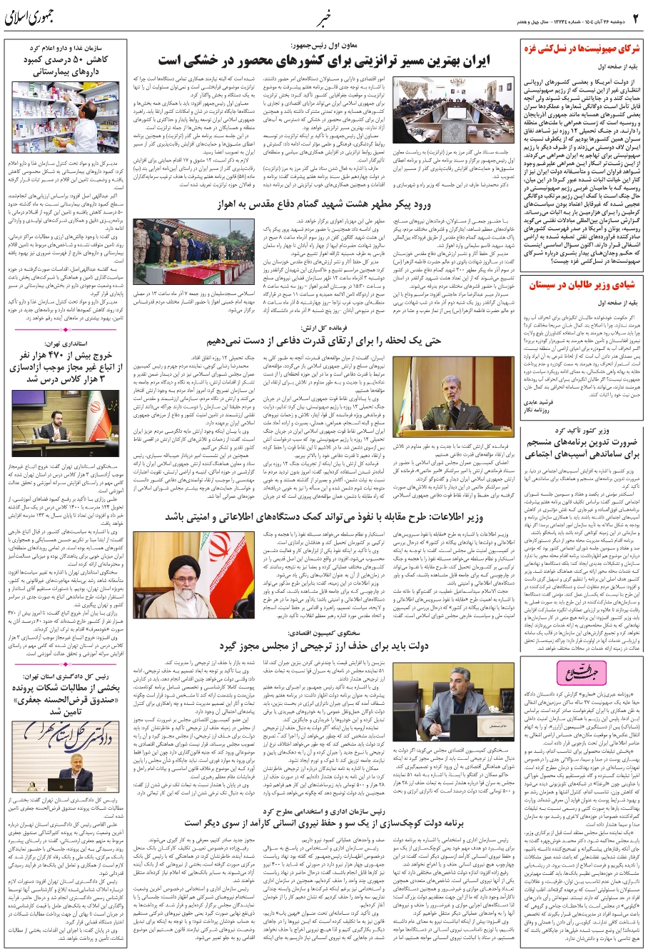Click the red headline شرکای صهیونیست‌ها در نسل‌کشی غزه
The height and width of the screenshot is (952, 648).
(x=581, y=50)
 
